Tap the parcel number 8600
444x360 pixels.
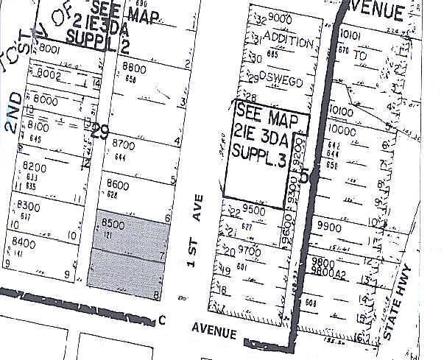[x=119, y=184]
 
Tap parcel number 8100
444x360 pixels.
[x=38, y=127]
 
